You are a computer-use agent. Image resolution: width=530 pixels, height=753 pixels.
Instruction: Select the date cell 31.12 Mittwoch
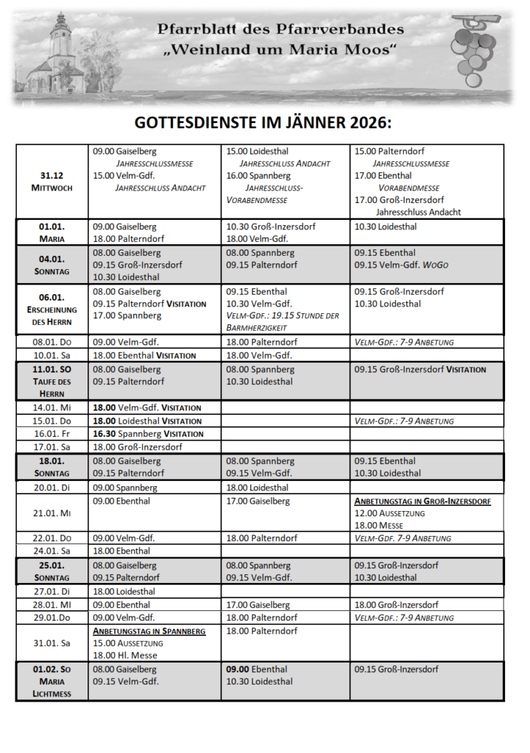click(x=52, y=181)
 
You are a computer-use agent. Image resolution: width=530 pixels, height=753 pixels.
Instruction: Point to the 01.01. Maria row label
click(x=52, y=232)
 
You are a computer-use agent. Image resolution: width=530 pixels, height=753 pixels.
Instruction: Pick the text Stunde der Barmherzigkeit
click(x=283, y=321)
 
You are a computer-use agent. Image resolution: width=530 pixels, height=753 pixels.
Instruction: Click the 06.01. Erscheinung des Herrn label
click(x=52, y=310)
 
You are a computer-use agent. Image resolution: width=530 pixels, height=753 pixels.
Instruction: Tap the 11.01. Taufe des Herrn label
click(x=52, y=381)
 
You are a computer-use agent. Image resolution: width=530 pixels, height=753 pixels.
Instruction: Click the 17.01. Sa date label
click(x=52, y=447)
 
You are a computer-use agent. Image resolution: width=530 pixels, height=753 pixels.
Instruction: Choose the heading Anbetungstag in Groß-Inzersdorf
click(x=423, y=501)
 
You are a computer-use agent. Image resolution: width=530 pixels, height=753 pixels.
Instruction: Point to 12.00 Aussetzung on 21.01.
click(x=389, y=513)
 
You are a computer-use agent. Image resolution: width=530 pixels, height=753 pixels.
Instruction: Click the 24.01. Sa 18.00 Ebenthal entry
click(x=121, y=551)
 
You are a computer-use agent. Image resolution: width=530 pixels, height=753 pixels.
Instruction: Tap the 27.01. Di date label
click(x=52, y=591)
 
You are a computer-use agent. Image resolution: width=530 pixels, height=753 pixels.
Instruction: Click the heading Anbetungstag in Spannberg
click(x=149, y=631)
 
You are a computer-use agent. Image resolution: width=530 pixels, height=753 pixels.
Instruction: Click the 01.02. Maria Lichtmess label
click(x=52, y=682)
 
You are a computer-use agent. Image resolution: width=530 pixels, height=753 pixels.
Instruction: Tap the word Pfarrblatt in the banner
click(x=193, y=29)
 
